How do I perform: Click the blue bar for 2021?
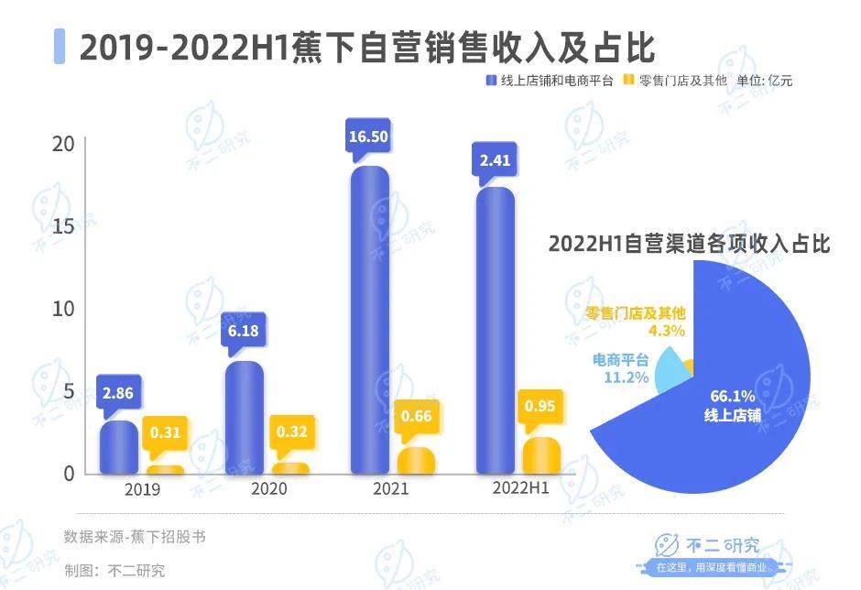click(370, 321)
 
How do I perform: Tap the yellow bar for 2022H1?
click(540, 455)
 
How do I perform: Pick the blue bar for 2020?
click(244, 418)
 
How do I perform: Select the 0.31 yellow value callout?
click(166, 430)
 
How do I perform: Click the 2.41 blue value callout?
click(495, 161)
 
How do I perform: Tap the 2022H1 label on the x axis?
click(518, 489)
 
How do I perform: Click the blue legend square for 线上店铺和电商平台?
click(490, 81)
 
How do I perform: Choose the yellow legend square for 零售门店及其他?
click(627, 81)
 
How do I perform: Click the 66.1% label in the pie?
click(733, 397)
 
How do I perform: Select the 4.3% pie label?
click(666, 331)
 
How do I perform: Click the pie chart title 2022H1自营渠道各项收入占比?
click(689, 245)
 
